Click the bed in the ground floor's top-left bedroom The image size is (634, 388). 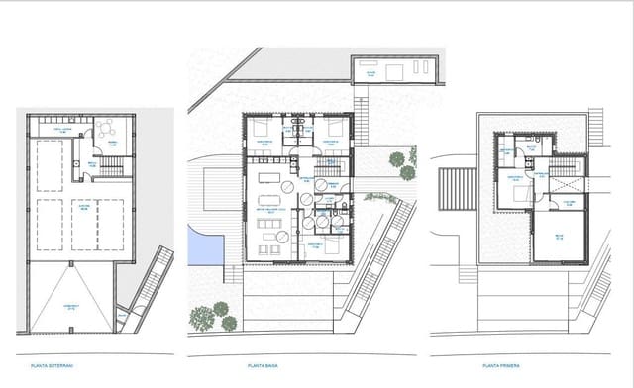(x=261, y=129)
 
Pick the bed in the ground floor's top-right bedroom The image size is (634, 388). (x=334, y=129)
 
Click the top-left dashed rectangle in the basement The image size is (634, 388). (x=48, y=161)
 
